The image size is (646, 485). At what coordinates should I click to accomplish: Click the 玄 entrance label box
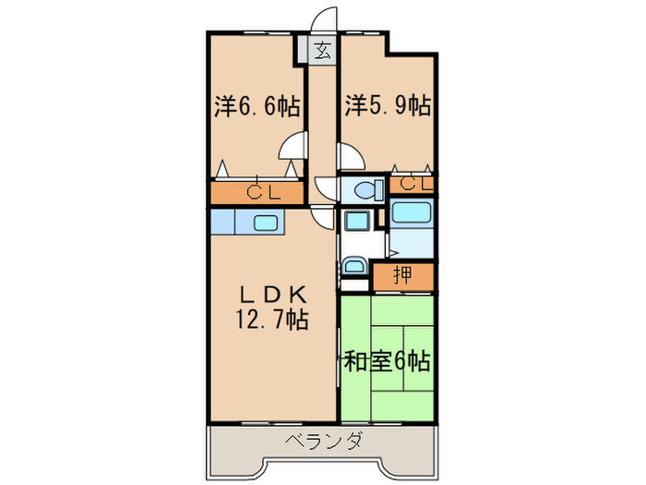pyautogui.click(x=322, y=51)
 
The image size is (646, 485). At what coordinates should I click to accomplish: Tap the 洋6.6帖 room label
pyautogui.click(x=257, y=106)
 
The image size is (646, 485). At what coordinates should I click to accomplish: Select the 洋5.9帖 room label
pyautogui.click(x=388, y=104)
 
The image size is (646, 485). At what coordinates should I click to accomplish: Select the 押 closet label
pyautogui.click(x=402, y=274)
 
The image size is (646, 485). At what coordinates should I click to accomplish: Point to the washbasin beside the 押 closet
pyautogui.click(x=354, y=268)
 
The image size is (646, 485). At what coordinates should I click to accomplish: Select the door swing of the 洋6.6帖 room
pyautogui.click(x=295, y=148)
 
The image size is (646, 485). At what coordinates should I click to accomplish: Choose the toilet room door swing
pyautogui.click(x=327, y=184)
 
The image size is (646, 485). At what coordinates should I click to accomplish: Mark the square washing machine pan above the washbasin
pyautogui.click(x=354, y=222)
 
